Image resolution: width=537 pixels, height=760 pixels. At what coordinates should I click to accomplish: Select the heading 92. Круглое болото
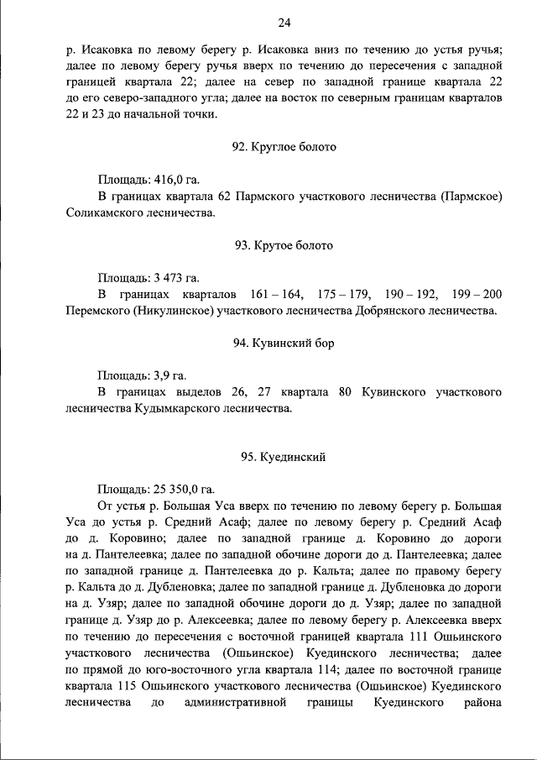tap(284, 146)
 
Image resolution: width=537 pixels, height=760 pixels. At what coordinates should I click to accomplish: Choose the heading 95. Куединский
tap(284, 457)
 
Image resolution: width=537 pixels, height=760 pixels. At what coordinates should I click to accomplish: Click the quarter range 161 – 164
tap(277, 295)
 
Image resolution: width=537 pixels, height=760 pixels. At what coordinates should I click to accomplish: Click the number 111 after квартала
tap(429, 637)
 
